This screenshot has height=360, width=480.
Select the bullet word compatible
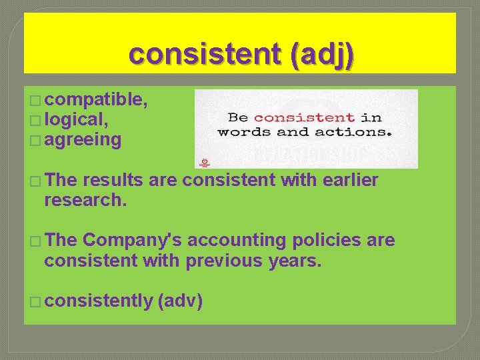97,101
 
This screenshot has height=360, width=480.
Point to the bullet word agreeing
83,140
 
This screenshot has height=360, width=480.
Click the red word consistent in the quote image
304,117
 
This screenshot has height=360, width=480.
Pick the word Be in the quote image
237,117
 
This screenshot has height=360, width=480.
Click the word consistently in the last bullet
99,301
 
